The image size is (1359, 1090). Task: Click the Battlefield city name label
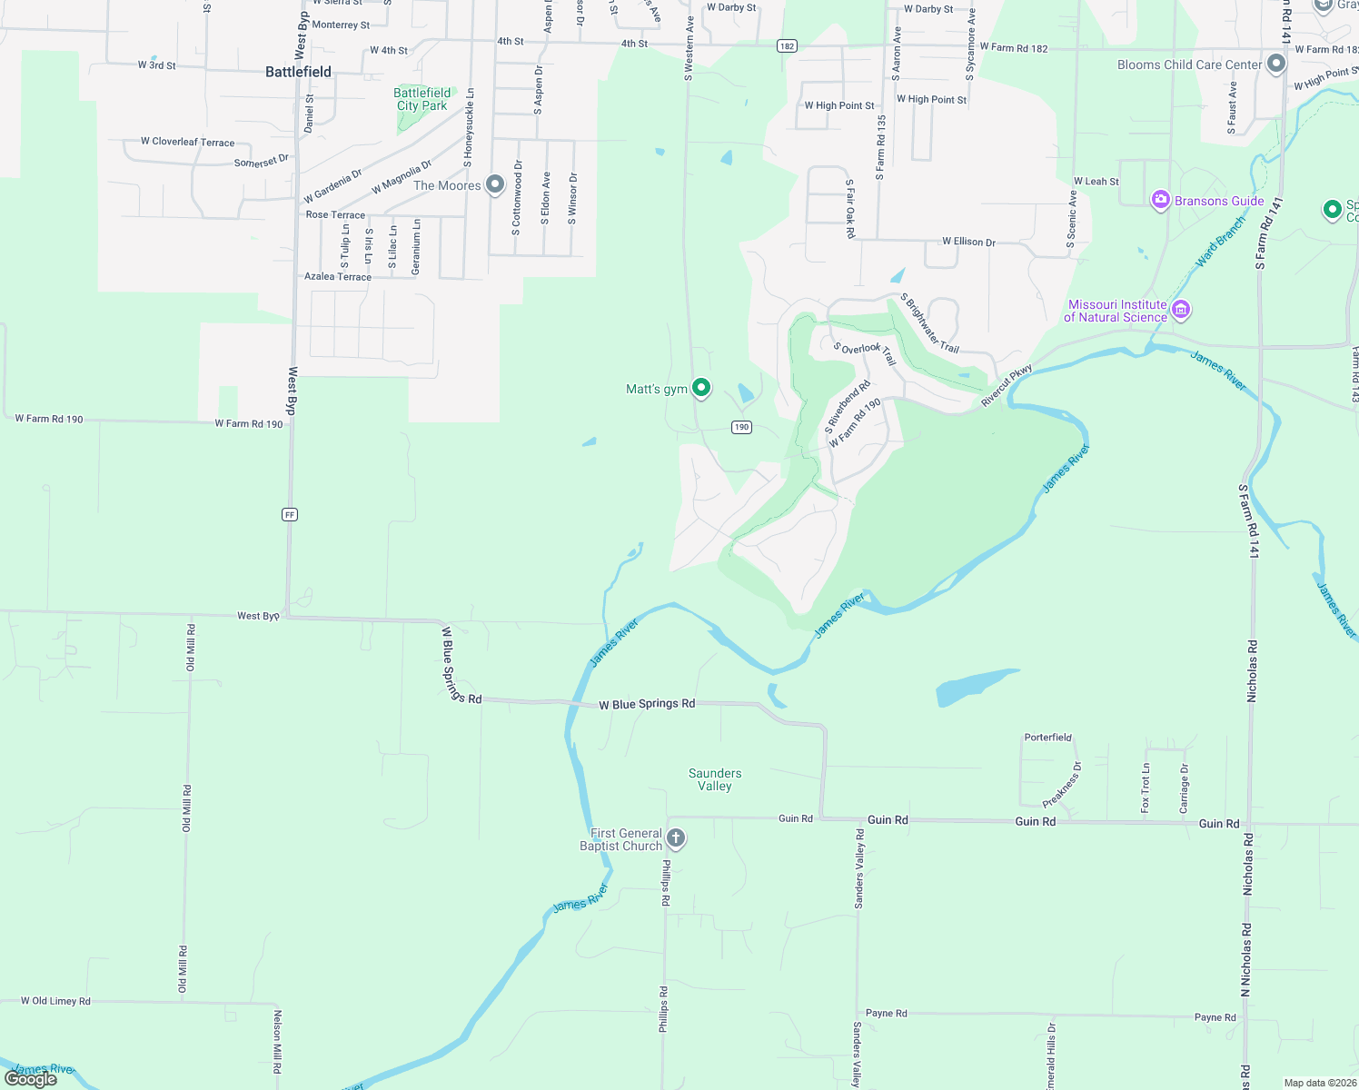pyautogui.click(x=298, y=72)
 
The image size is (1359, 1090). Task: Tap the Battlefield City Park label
pyautogui.click(x=422, y=99)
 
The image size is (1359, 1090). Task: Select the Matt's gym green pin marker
pyautogui.click(x=701, y=388)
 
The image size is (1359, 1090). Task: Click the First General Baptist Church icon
pyautogui.click(x=676, y=837)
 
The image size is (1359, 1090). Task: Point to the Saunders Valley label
pyautogui.click(x=715, y=779)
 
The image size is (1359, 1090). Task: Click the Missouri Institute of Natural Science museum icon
pyautogui.click(x=1181, y=310)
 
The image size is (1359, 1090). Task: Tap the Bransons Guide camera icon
pyautogui.click(x=1160, y=200)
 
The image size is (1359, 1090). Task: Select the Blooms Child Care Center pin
pyautogui.click(x=1276, y=64)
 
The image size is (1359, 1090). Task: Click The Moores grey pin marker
pyautogui.click(x=495, y=184)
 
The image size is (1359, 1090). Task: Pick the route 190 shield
pyautogui.click(x=742, y=427)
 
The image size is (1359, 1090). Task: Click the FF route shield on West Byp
pyautogui.click(x=290, y=514)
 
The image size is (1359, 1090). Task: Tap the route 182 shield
pyautogui.click(x=787, y=46)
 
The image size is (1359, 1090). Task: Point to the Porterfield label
pyautogui.click(x=1048, y=738)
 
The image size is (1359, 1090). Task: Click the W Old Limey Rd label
pyautogui.click(x=56, y=1001)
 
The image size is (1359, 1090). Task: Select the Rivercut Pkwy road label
pyautogui.click(x=1007, y=385)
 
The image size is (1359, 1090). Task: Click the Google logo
pyautogui.click(x=31, y=1078)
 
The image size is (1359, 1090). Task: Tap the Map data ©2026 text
pyautogui.click(x=1319, y=1083)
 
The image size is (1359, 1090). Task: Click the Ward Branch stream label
pyautogui.click(x=1221, y=242)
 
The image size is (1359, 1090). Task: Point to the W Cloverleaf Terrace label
pyautogui.click(x=187, y=142)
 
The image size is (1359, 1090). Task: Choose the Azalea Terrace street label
pyautogui.click(x=338, y=276)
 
